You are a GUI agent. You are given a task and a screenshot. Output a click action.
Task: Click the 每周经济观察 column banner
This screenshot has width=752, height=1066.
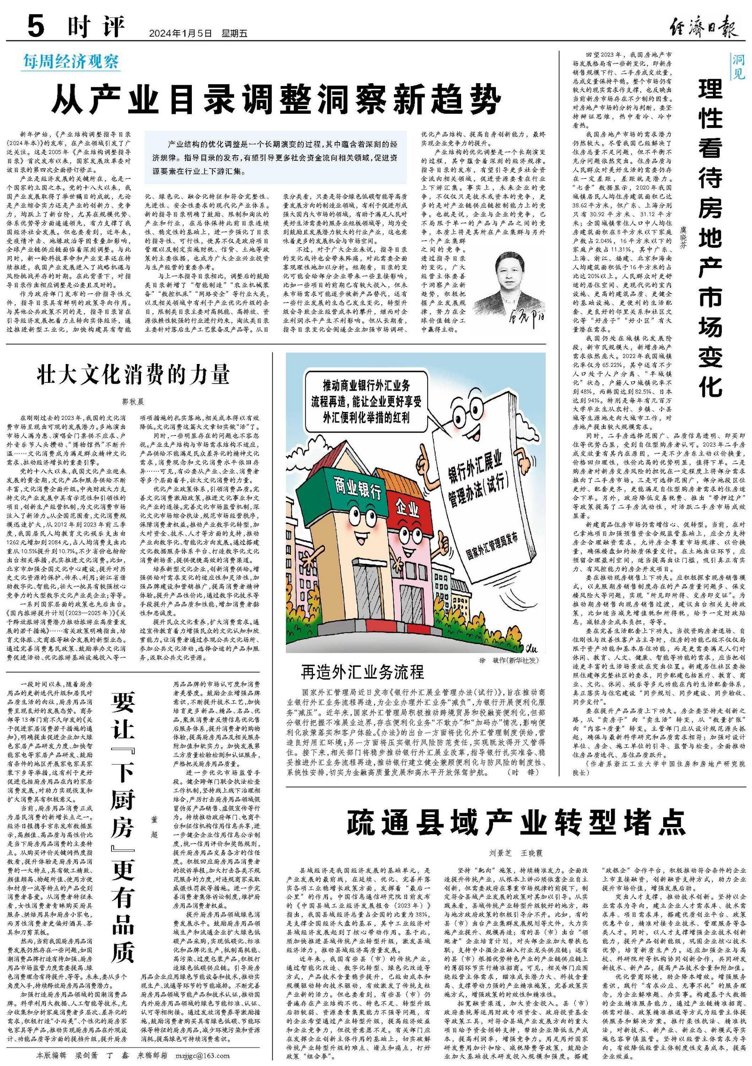tap(71, 62)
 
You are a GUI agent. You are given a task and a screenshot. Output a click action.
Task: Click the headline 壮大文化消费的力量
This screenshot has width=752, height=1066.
tap(133, 375)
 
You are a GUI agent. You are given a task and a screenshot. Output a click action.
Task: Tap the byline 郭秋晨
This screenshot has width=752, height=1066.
tap(133, 402)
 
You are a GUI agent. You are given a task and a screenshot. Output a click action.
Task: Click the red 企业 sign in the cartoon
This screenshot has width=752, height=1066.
tap(407, 507)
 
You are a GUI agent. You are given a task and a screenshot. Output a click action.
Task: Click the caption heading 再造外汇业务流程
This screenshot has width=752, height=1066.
tap(362, 672)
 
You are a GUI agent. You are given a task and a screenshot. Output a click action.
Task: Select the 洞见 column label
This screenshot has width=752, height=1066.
tap(738, 66)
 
